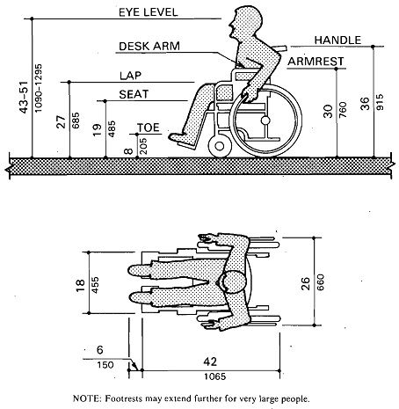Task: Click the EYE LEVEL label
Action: click(148, 12)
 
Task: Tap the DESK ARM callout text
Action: click(149, 46)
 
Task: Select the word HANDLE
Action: click(337, 40)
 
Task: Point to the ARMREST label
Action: click(316, 62)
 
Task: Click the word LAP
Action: click(130, 76)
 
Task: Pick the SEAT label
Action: click(134, 94)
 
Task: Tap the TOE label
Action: click(149, 128)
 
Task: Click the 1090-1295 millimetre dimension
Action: click(39, 88)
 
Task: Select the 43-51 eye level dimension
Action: click(24, 97)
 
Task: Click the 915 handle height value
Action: click(380, 102)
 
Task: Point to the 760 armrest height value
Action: click(343, 110)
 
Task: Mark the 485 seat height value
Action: click(112, 129)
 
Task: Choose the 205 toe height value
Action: click(143, 146)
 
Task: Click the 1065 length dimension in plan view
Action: click(215, 376)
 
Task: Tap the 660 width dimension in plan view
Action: click(321, 282)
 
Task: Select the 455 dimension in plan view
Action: click(95, 285)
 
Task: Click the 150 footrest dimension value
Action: click(105, 365)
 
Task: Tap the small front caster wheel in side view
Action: click(220, 146)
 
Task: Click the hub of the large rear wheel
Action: click(265, 121)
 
